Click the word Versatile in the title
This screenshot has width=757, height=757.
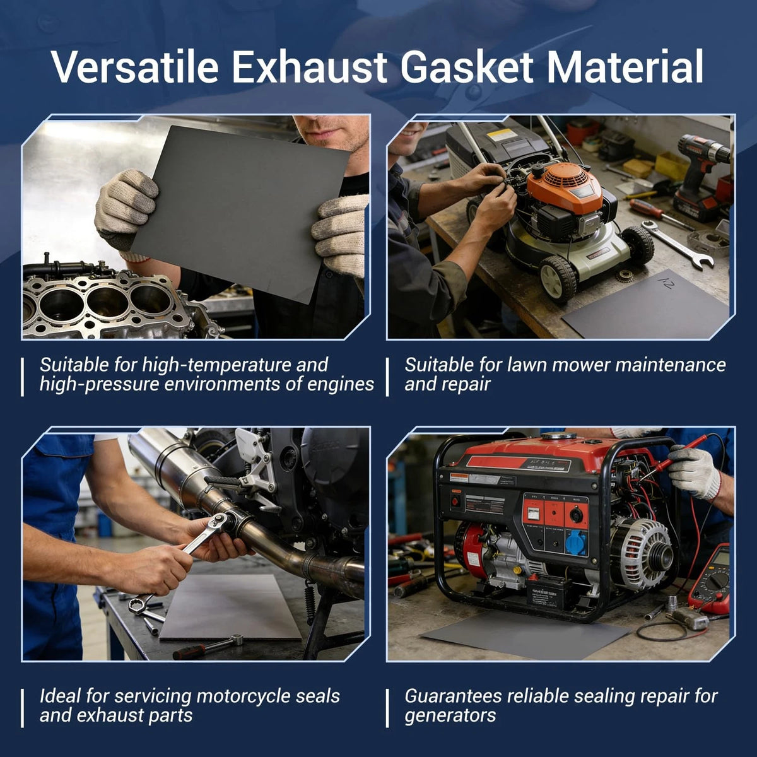135,66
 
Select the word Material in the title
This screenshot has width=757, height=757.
625,66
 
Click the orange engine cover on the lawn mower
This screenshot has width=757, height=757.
565,187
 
